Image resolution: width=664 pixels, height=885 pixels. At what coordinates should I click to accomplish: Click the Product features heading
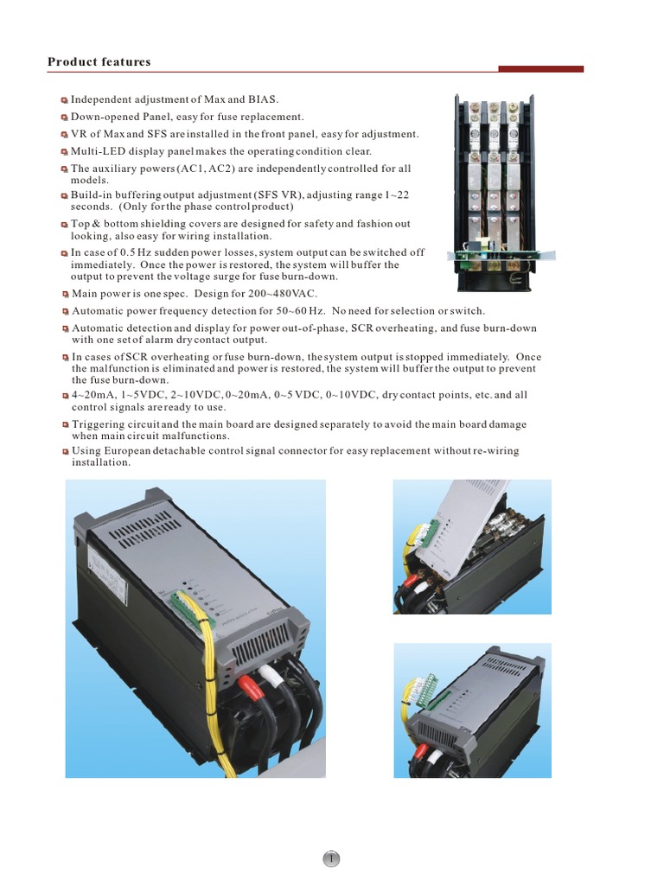tap(99, 62)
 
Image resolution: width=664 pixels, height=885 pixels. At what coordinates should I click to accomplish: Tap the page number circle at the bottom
tap(332, 858)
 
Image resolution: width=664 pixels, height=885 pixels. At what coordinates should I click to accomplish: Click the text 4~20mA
tap(90, 395)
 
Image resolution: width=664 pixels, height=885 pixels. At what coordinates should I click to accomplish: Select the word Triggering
tap(100, 424)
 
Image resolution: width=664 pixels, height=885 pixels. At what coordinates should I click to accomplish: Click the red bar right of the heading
tap(541, 69)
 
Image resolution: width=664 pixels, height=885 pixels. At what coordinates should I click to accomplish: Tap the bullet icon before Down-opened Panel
tap(64, 118)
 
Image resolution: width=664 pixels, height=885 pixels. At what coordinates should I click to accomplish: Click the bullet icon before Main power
tap(66, 295)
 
